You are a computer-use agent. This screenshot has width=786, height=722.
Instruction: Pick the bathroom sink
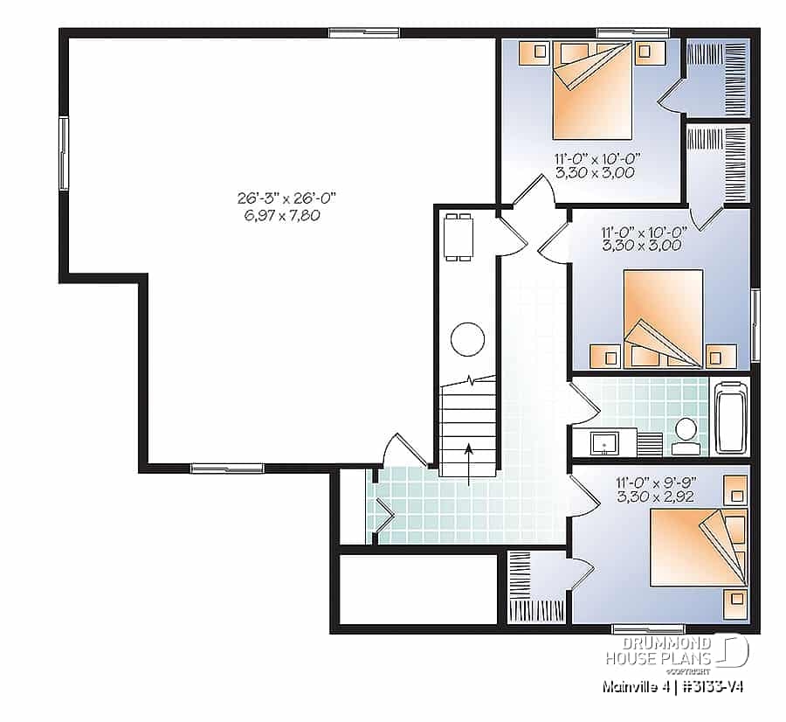pos(603,444)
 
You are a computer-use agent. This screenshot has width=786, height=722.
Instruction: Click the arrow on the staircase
pos(469,462)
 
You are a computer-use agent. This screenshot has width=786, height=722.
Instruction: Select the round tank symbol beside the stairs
pos(467,338)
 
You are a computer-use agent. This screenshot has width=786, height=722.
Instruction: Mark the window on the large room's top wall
pos(352,33)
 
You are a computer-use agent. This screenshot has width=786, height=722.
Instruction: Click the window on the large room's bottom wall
pos(215,468)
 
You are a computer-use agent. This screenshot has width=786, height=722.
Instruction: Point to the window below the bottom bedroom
pos(636,628)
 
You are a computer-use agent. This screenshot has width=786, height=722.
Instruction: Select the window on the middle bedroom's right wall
pos(755,325)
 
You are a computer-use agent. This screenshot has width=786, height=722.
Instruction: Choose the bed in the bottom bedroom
pos(694,547)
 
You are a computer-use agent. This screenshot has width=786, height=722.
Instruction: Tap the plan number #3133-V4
pos(712,687)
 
